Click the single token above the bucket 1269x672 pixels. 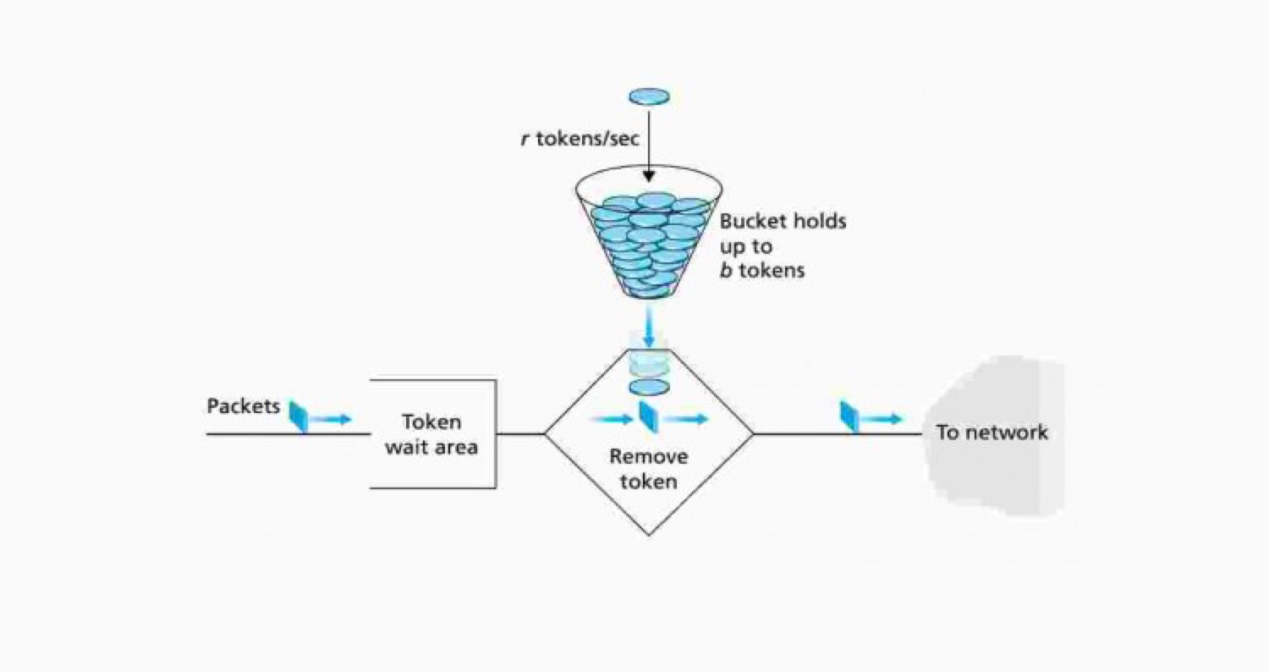coord(649,96)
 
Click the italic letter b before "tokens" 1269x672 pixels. coord(726,272)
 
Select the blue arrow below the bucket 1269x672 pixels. coord(649,325)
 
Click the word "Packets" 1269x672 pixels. coord(243,406)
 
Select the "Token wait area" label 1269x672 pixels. coord(431,434)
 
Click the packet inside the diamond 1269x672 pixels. coord(648,416)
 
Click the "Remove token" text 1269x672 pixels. coord(649,470)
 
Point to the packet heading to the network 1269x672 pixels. coord(849,416)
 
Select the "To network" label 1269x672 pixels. coord(992,432)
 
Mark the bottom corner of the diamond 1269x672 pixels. coord(649,534)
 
